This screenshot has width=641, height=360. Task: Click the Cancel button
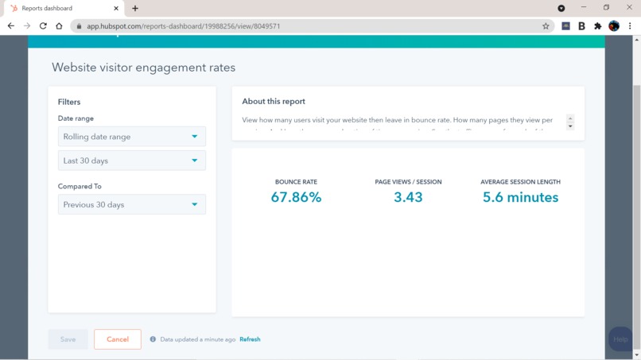click(x=117, y=339)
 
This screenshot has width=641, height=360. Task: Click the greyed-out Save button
click(x=68, y=339)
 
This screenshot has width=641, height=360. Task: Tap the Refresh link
click(x=250, y=339)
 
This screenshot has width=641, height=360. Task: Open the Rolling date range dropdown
click(x=131, y=137)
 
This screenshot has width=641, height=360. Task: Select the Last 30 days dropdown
click(x=131, y=161)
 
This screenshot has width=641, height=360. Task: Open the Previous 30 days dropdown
click(x=131, y=204)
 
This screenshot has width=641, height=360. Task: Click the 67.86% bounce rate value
click(x=296, y=197)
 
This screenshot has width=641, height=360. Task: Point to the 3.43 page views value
click(x=408, y=197)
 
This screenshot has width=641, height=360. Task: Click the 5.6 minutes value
click(x=520, y=197)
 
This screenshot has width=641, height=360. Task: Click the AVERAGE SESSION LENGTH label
click(x=520, y=182)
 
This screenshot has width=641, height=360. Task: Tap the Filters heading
click(x=69, y=102)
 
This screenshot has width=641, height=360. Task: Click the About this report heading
click(x=274, y=101)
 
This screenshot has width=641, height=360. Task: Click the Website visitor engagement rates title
click(x=143, y=68)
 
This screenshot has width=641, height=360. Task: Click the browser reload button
click(x=43, y=26)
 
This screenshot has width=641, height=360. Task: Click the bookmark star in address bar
click(x=546, y=26)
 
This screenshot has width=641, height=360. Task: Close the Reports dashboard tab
click(x=116, y=9)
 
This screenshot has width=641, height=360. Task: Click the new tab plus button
click(x=135, y=9)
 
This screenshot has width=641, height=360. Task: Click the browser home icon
click(x=59, y=26)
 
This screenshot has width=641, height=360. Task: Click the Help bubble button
click(x=620, y=339)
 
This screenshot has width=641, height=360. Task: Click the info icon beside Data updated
click(x=153, y=339)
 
